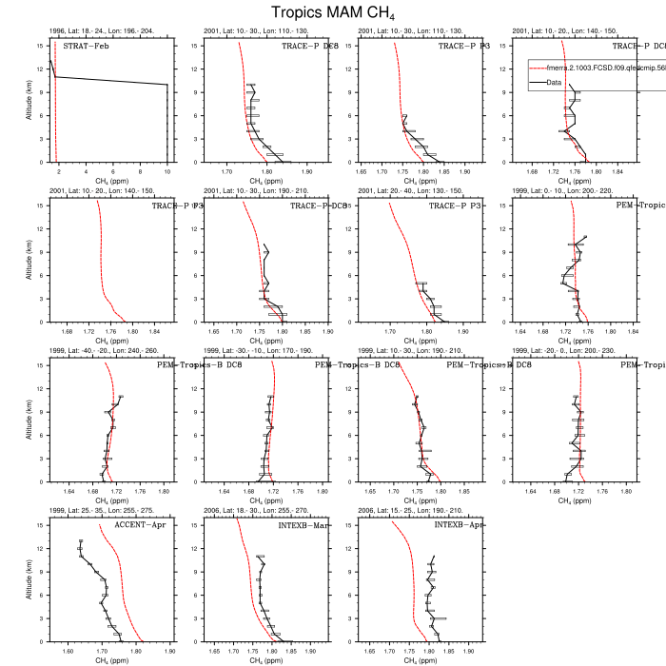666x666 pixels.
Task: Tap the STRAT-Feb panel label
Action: [84, 46]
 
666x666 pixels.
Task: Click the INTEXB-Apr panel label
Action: [460, 525]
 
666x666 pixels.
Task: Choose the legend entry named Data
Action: [554, 83]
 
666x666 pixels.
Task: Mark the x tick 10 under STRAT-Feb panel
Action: [167, 171]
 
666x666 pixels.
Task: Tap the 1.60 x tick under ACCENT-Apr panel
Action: [68, 652]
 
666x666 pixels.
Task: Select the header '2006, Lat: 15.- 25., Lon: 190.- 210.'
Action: [413, 511]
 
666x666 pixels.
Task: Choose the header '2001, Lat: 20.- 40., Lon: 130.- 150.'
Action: [413, 191]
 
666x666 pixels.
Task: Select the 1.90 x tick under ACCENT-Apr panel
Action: [170, 652]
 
